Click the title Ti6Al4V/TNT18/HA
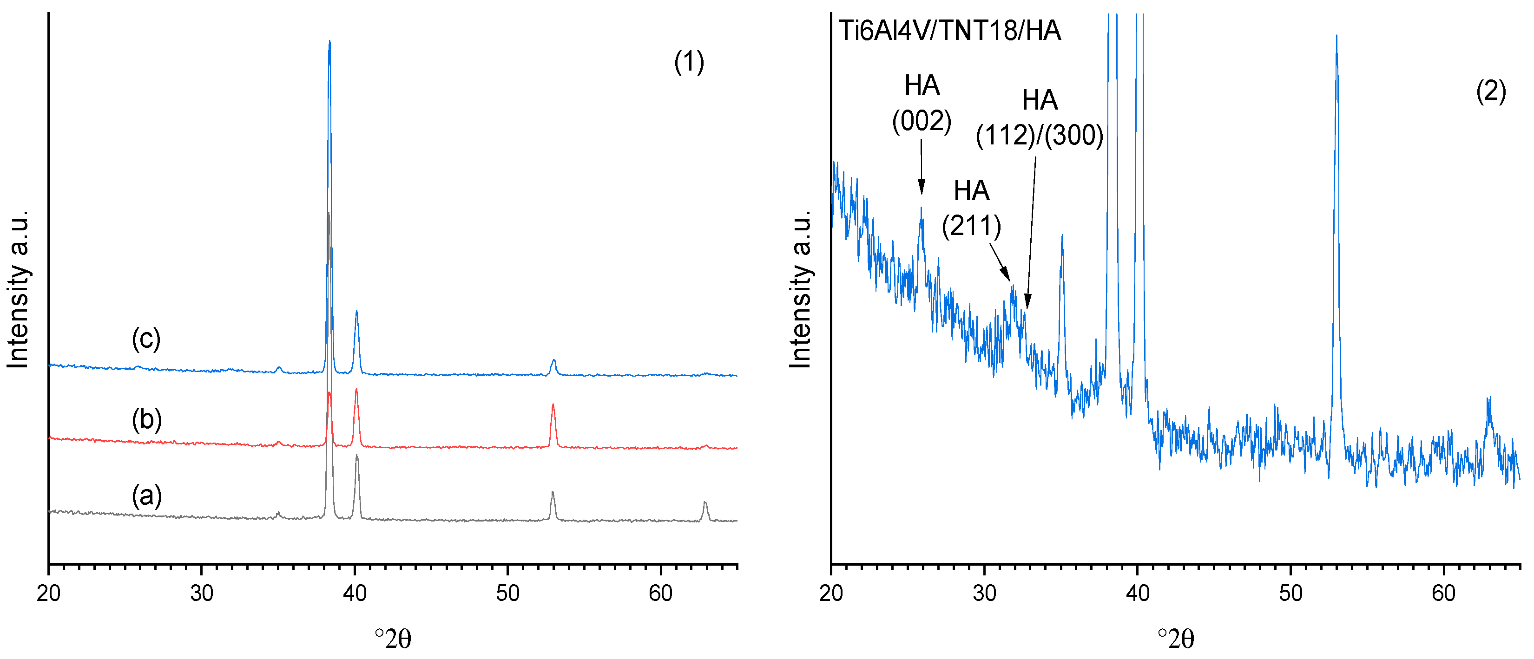click(x=950, y=30)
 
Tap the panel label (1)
click(x=689, y=62)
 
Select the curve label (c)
click(x=146, y=339)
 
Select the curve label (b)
click(x=146, y=420)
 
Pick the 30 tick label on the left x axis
click(x=201, y=593)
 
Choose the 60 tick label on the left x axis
click(x=660, y=593)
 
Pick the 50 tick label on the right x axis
click(x=1290, y=593)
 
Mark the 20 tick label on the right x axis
click(x=831, y=593)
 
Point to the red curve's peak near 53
click(x=553, y=405)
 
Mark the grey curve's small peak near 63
click(x=704, y=503)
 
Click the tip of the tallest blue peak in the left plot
click(x=329, y=42)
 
